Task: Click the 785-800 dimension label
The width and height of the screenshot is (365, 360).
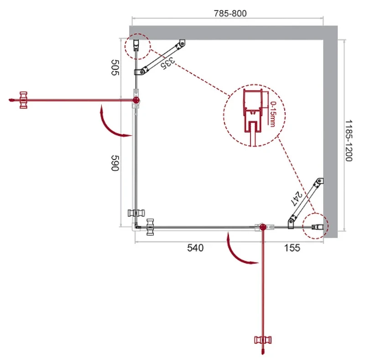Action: pyautogui.click(x=230, y=14)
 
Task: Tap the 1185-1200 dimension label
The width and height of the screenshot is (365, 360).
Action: pyautogui.click(x=349, y=141)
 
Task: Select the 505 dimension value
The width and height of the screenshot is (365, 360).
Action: pyautogui.click(x=115, y=67)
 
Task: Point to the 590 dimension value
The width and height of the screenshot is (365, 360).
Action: pyautogui.click(x=115, y=163)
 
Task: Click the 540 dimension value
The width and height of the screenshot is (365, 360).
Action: pyautogui.click(x=195, y=248)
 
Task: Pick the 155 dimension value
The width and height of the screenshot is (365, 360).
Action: pyautogui.click(x=292, y=248)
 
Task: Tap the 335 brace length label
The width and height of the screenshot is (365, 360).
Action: pyautogui.click(x=167, y=63)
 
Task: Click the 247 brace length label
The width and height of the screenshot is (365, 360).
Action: pyautogui.click(x=296, y=198)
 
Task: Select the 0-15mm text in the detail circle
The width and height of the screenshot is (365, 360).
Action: pyautogui.click(x=273, y=114)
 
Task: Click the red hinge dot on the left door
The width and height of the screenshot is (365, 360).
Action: pyautogui.click(x=136, y=100)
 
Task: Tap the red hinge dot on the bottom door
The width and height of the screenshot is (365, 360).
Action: pyautogui.click(x=263, y=227)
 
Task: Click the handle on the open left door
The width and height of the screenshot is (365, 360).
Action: pyautogui.click(x=23, y=100)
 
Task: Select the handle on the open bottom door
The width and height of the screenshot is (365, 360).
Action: pyautogui.click(x=263, y=340)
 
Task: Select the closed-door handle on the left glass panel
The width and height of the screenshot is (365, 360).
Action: pyautogui.click(x=136, y=213)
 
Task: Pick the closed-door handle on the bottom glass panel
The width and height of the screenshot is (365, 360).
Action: pyautogui.click(x=150, y=227)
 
